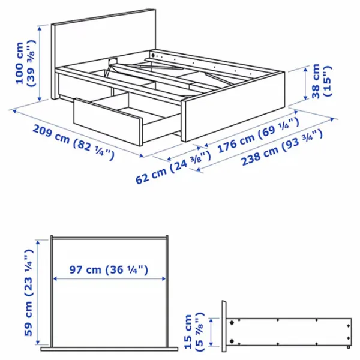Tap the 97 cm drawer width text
[108, 269]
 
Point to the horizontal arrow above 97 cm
[108, 279]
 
